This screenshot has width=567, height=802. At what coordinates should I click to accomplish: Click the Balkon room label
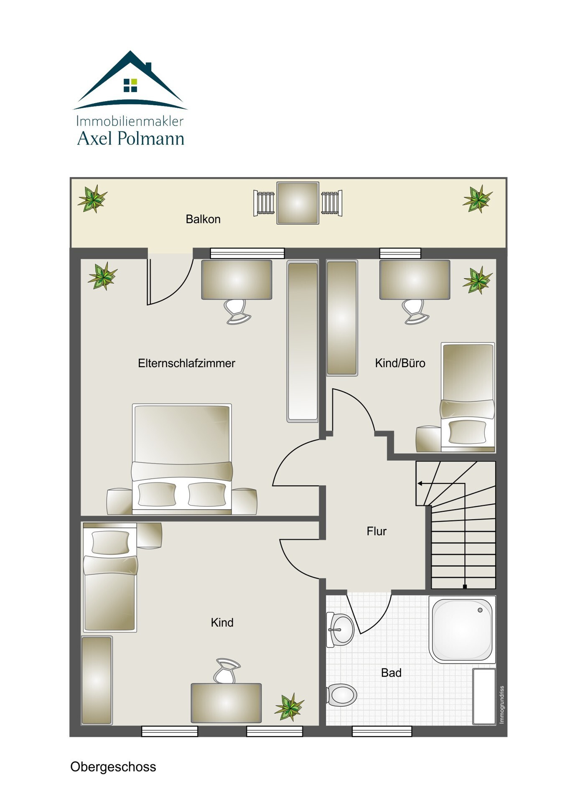click(x=203, y=219)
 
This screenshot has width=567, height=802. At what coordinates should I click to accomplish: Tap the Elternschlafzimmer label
click(x=186, y=363)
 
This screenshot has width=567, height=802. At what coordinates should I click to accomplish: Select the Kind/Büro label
click(x=400, y=363)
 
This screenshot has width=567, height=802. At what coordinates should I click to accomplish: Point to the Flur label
click(x=376, y=531)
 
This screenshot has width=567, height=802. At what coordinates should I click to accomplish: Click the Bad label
click(x=391, y=673)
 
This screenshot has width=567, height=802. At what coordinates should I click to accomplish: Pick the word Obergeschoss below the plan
click(x=113, y=766)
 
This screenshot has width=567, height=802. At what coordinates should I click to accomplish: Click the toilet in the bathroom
click(x=342, y=695)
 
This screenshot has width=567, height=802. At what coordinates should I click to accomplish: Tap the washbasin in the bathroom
click(x=340, y=629)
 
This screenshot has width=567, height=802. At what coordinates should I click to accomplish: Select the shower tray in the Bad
click(x=462, y=630)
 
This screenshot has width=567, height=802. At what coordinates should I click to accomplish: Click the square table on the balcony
click(x=297, y=203)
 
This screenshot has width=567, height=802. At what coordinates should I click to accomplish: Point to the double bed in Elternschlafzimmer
click(x=182, y=459)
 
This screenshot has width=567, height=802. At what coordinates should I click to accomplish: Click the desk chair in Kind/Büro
click(x=416, y=312)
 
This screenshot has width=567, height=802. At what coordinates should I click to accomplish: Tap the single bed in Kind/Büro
click(x=468, y=397)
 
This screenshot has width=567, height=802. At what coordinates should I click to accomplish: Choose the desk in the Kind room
click(x=226, y=703)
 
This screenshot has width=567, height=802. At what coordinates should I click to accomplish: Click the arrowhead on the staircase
click(x=420, y=483)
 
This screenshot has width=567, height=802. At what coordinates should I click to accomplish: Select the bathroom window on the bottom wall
click(x=382, y=731)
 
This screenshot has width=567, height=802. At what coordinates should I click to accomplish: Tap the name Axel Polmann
click(x=131, y=138)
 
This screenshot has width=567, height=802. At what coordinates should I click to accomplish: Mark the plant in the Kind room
click(x=289, y=707)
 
